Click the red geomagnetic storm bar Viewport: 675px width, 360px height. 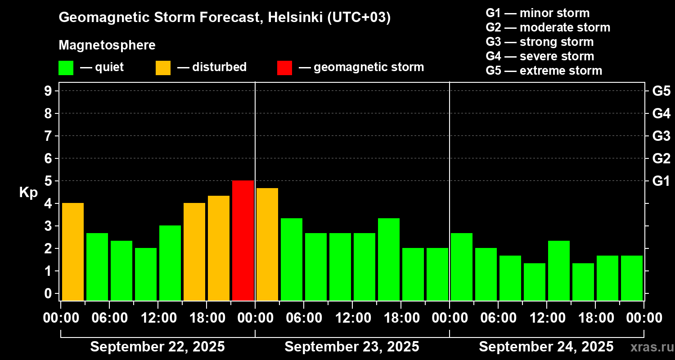(243, 240)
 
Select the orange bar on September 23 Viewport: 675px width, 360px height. (267, 244)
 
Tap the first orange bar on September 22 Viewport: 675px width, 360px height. (73, 252)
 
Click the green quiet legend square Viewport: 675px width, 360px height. (66, 67)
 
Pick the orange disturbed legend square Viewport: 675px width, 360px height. (163, 67)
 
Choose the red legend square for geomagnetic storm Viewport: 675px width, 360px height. (284, 67)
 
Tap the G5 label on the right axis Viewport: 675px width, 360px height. (661, 91)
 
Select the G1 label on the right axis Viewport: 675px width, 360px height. (661, 181)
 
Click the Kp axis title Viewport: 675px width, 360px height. (28, 193)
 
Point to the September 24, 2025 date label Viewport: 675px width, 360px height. (546, 347)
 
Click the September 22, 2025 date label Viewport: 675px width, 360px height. (157, 347)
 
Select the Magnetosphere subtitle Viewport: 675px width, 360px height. (107, 45)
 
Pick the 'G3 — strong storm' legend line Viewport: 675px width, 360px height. (540, 42)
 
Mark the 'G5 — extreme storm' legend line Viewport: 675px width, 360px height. (544, 71)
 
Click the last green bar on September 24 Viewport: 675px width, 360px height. (632, 278)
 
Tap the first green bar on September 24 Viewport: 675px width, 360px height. (462, 266)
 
